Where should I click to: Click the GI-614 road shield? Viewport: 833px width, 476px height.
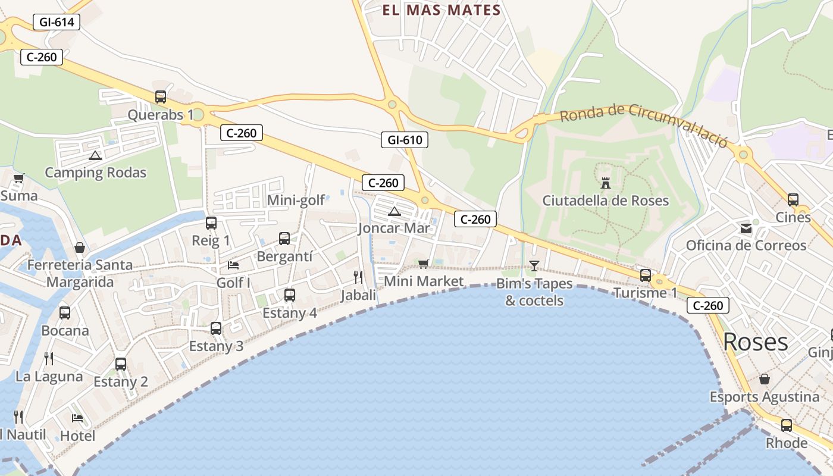coord(57,23)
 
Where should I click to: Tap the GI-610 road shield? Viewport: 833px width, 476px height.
coord(405,140)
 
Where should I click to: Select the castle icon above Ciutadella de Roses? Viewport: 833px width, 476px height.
coord(606,183)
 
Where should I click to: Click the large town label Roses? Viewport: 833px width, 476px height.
coord(756,342)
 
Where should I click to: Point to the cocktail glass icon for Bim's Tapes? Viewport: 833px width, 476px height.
coord(534,265)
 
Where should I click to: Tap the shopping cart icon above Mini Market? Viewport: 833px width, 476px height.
coord(423,264)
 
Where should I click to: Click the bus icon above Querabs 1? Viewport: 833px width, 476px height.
coord(161,96)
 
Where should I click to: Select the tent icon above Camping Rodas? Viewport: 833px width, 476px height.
coord(95,155)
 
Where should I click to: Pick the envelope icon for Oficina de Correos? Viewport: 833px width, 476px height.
coord(746,228)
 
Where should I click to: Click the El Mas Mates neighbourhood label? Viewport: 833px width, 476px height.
coord(441,10)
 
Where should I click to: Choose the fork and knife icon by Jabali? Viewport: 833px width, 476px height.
coord(358,277)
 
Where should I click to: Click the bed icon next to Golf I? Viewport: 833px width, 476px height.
coord(233,265)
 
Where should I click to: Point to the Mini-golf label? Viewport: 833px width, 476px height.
coord(296,200)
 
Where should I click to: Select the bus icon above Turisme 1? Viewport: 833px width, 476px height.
coord(645,275)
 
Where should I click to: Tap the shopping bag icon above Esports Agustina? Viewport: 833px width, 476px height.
coord(765,379)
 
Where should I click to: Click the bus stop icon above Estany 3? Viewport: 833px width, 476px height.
coord(216,328)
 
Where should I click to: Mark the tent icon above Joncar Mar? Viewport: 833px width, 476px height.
coord(394,211)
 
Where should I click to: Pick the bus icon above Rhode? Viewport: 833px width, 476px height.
coord(787,425)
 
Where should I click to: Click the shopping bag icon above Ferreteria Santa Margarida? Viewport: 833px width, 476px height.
coord(80,248)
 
